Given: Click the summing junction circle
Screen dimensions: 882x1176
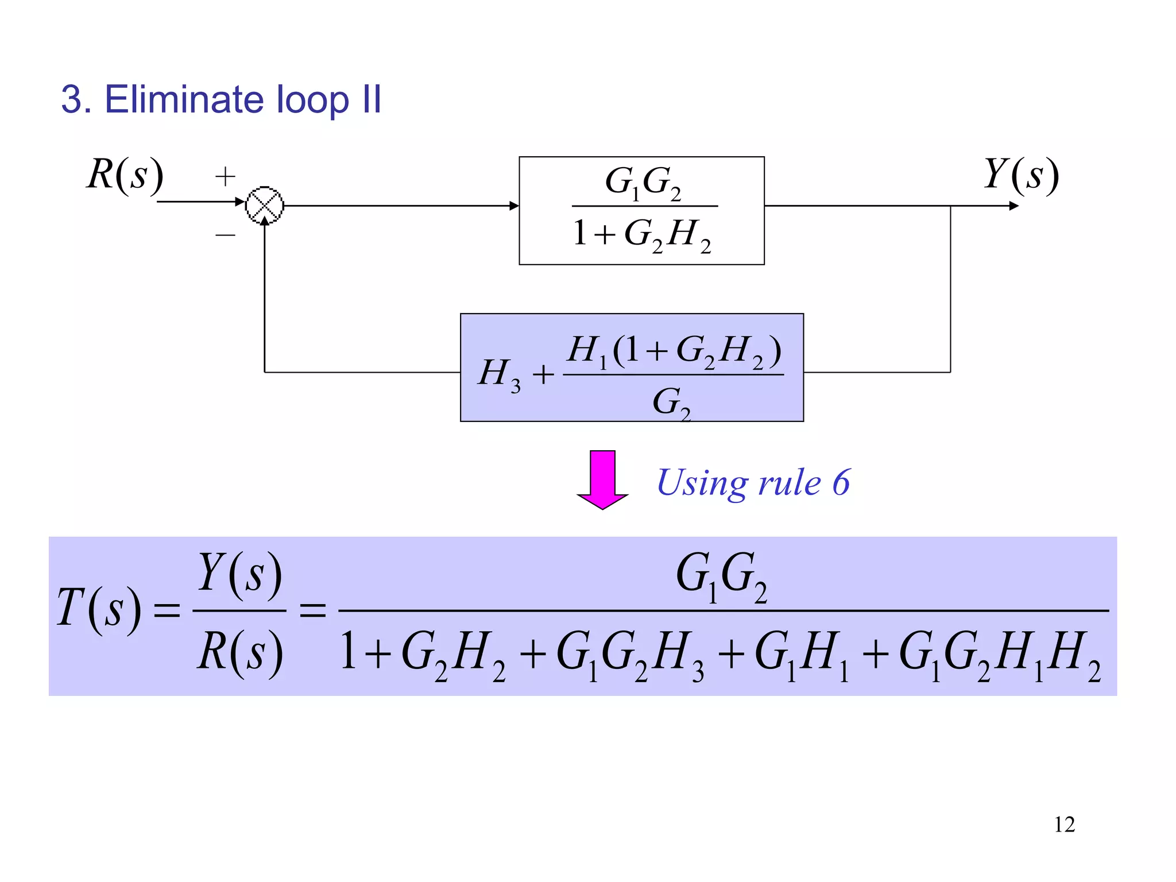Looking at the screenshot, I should tap(265, 205).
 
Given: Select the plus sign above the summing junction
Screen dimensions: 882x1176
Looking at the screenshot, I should tap(225, 176).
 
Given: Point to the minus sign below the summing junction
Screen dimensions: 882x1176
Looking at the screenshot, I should tap(225, 235).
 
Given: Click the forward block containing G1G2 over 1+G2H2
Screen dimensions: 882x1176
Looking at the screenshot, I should tap(641, 211).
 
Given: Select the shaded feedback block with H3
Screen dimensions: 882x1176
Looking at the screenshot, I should tap(632, 367).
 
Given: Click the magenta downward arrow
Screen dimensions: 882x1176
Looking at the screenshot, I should tap(602, 479).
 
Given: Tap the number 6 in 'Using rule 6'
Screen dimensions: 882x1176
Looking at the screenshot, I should tap(841, 482).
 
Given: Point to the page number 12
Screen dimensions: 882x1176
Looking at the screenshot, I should tap(1064, 825).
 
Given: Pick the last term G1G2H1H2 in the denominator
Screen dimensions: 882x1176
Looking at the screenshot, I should tap(999, 655).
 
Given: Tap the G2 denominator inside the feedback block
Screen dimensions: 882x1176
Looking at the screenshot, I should tap(671, 402).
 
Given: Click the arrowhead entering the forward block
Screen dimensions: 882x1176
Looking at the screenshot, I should tap(514, 206).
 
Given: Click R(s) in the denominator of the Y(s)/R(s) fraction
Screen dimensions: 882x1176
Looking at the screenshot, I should tap(240, 653).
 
